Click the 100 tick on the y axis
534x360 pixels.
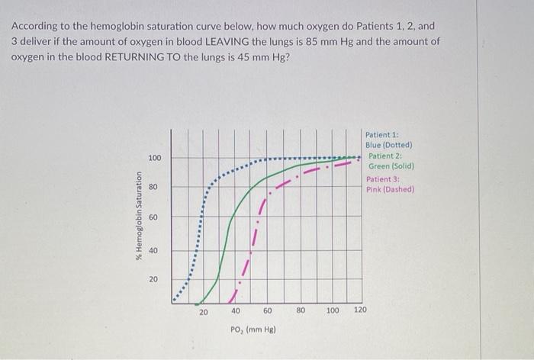155,158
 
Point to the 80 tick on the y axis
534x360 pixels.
155,187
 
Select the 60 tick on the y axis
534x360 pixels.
155,218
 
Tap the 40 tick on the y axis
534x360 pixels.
155,250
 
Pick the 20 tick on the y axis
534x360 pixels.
155,280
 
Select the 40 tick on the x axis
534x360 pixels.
236,311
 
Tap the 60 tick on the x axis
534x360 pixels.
268,311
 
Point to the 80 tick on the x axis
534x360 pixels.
301,311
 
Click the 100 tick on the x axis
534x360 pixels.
333,311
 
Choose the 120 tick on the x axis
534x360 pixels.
360,311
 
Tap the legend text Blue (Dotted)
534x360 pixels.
389,145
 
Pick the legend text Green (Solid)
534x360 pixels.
391,166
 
